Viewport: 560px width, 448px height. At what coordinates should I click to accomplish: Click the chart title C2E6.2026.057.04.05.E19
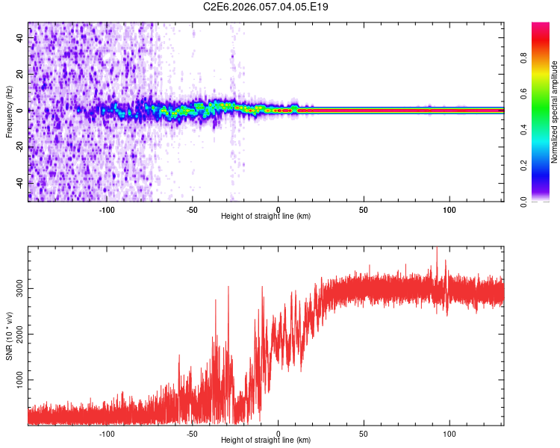pos(266,7)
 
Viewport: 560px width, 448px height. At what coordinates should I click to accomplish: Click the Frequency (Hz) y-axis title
pos(9,111)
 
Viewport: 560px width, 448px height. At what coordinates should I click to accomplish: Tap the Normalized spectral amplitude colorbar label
pos(555,112)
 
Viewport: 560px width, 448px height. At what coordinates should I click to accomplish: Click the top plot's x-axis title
pos(266,216)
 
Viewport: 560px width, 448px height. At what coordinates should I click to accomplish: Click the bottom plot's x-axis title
pos(266,440)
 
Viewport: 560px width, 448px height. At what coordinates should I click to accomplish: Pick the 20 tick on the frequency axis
pos(22,75)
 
